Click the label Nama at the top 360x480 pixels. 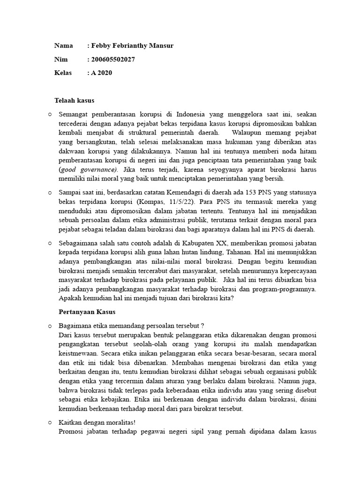click(x=63, y=45)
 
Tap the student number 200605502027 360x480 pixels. click(x=112, y=59)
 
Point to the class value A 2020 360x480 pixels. click(x=102, y=73)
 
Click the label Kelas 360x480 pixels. click(x=64, y=73)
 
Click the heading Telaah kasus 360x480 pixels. click(x=74, y=100)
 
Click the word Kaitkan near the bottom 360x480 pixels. click(x=71, y=422)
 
